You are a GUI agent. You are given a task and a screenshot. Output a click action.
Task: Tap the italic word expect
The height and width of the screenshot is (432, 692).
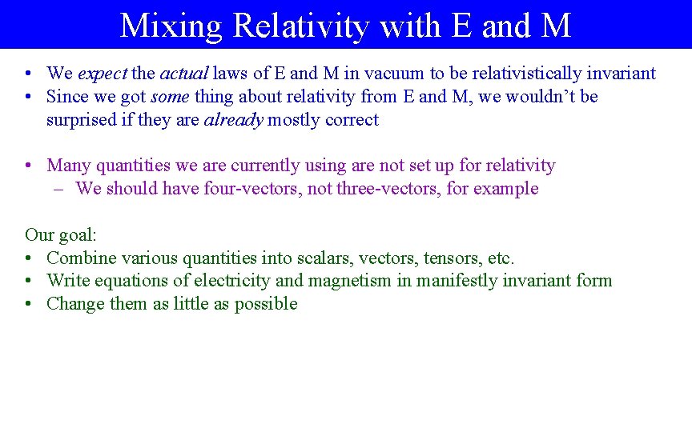click(x=103, y=74)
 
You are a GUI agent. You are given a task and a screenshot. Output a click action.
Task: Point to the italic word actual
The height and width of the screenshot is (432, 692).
click(x=183, y=74)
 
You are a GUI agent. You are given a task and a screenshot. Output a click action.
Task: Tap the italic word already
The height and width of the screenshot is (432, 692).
click(x=233, y=120)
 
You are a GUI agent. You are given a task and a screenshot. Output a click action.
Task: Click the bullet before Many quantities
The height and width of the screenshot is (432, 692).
click(x=29, y=166)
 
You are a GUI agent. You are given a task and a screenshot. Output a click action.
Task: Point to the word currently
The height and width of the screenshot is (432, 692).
click(x=264, y=166)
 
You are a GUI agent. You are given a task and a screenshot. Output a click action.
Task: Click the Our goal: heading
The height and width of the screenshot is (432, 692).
click(x=60, y=234)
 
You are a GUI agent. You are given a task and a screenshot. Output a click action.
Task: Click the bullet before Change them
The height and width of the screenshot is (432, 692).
click(x=29, y=304)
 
